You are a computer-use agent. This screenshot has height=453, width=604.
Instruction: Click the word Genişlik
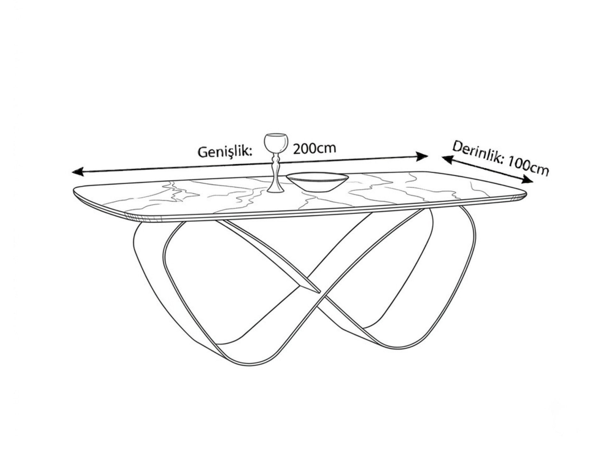(x=225, y=151)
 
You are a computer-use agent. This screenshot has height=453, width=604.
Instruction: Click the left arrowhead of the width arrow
(x=77, y=172)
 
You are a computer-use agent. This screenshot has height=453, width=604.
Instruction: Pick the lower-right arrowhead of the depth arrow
(x=528, y=180)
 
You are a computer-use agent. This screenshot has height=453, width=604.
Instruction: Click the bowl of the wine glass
(x=276, y=143)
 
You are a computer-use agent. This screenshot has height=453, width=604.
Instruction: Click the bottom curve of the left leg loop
(x=245, y=362)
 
